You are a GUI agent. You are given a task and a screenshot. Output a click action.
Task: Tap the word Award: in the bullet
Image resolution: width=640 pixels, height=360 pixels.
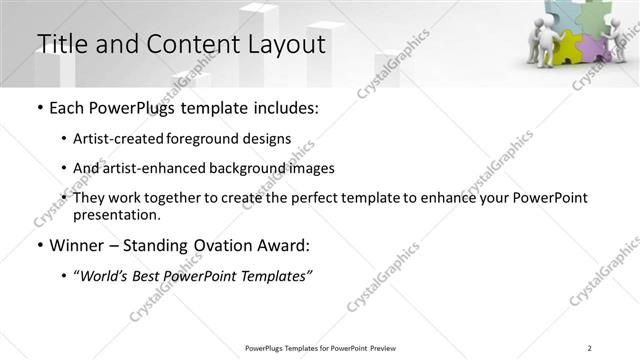tap(283, 245)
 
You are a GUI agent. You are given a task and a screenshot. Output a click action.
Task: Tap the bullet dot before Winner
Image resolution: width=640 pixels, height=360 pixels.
tap(39, 246)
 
